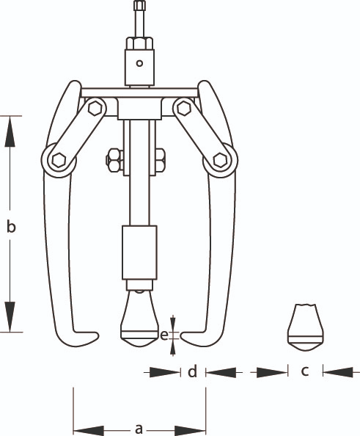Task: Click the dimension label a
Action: pyautogui.click(x=139, y=429)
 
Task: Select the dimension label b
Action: pyautogui.click(x=11, y=226)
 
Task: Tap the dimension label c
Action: pyautogui.click(x=305, y=371)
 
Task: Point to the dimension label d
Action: pyautogui.click(x=193, y=371)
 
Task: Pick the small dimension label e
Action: pyautogui.click(x=164, y=335)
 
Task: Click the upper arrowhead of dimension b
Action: pyautogui.click(x=10, y=131)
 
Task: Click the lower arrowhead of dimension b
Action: pyautogui.click(x=10, y=316)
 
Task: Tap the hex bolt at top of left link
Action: pyautogui.click(x=95, y=108)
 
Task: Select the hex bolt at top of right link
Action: pyautogui.click(x=184, y=108)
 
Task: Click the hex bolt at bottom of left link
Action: pyautogui.click(x=59, y=160)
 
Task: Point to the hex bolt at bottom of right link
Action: pyautogui.click(x=220, y=160)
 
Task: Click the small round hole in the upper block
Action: pyautogui.click(x=139, y=63)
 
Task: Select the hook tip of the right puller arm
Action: pyautogui.click(x=183, y=335)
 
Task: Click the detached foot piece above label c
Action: pyautogui.click(x=305, y=328)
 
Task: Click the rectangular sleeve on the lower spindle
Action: pyautogui.click(x=139, y=252)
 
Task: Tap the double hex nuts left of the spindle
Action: pyautogui.click(x=114, y=161)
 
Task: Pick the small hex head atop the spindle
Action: pyautogui.click(x=139, y=6)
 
